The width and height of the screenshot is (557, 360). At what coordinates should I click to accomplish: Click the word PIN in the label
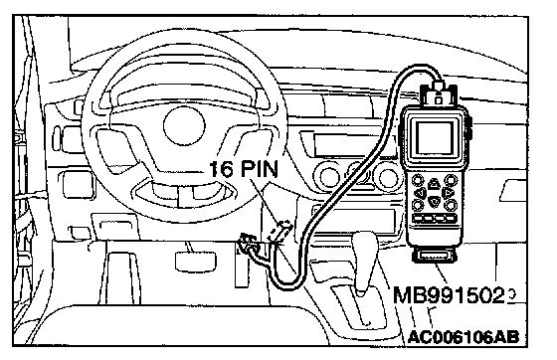click(260, 168)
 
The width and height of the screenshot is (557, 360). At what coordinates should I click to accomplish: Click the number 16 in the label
click(222, 169)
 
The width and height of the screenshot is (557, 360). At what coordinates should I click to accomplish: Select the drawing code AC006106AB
click(464, 336)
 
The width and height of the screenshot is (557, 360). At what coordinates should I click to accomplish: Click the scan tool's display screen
click(434, 138)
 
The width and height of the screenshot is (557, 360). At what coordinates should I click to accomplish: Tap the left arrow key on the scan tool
click(421, 193)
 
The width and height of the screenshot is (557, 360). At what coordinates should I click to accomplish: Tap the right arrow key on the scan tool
click(448, 193)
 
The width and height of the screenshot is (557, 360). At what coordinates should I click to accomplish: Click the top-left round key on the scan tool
click(418, 180)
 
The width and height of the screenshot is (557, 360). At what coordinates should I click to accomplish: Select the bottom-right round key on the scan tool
click(451, 205)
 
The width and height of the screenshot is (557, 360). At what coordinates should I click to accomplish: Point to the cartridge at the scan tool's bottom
click(434, 256)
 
